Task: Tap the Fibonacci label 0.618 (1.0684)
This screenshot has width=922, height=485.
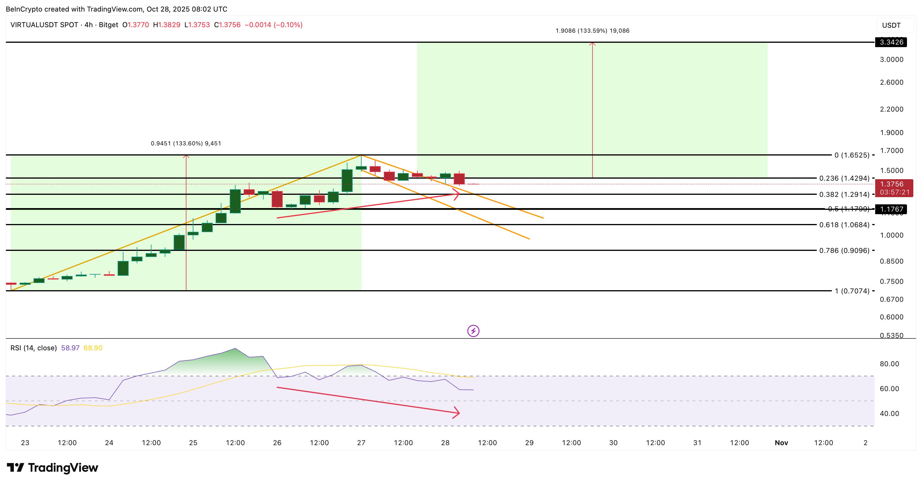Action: [x=844, y=225]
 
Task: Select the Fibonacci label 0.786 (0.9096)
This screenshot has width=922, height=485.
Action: [x=844, y=251]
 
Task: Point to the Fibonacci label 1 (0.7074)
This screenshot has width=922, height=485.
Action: [x=852, y=291]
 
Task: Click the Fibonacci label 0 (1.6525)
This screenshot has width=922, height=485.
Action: [x=851, y=155]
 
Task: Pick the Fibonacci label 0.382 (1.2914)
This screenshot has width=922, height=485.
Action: [x=844, y=194]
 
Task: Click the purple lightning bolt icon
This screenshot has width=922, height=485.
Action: [x=473, y=331]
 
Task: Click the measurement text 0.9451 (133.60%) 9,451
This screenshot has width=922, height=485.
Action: [x=186, y=144]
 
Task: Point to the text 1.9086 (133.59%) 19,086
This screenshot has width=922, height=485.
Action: [x=592, y=31]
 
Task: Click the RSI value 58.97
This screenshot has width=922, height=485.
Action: [x=70, y=348]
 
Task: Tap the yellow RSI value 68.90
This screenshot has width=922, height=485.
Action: [x=93, y=348]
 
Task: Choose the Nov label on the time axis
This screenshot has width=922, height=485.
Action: [x=781, y=443]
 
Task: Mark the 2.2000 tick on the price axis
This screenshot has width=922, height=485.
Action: [x=891, y=109]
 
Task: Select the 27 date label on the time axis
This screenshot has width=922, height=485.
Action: [x=361, y=443]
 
